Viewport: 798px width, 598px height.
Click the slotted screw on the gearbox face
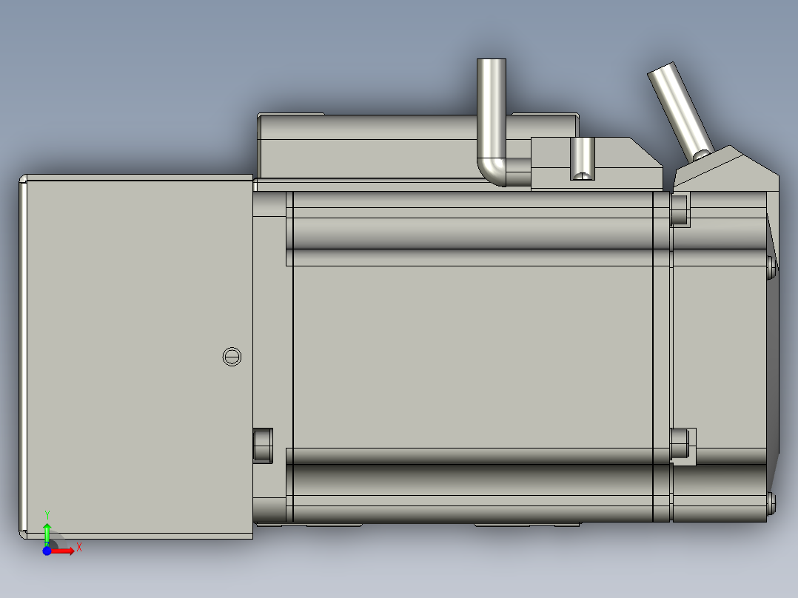point(232,357)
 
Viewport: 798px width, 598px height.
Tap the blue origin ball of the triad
point(47,551)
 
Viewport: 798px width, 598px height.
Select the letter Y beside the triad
point(47,514)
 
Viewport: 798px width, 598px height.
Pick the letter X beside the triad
point(78,548)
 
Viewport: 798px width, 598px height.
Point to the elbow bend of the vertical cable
point(492,171)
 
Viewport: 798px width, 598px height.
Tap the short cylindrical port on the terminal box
point(583,158)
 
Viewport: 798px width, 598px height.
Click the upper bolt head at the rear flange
point(680,209)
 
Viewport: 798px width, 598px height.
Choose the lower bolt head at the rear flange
point(680,443)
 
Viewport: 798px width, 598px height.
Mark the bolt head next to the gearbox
point(263,445)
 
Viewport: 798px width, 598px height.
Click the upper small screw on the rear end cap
point(771,266)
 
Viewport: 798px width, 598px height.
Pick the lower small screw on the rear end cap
point(771,503)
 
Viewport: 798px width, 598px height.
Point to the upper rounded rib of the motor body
point(474,231)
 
